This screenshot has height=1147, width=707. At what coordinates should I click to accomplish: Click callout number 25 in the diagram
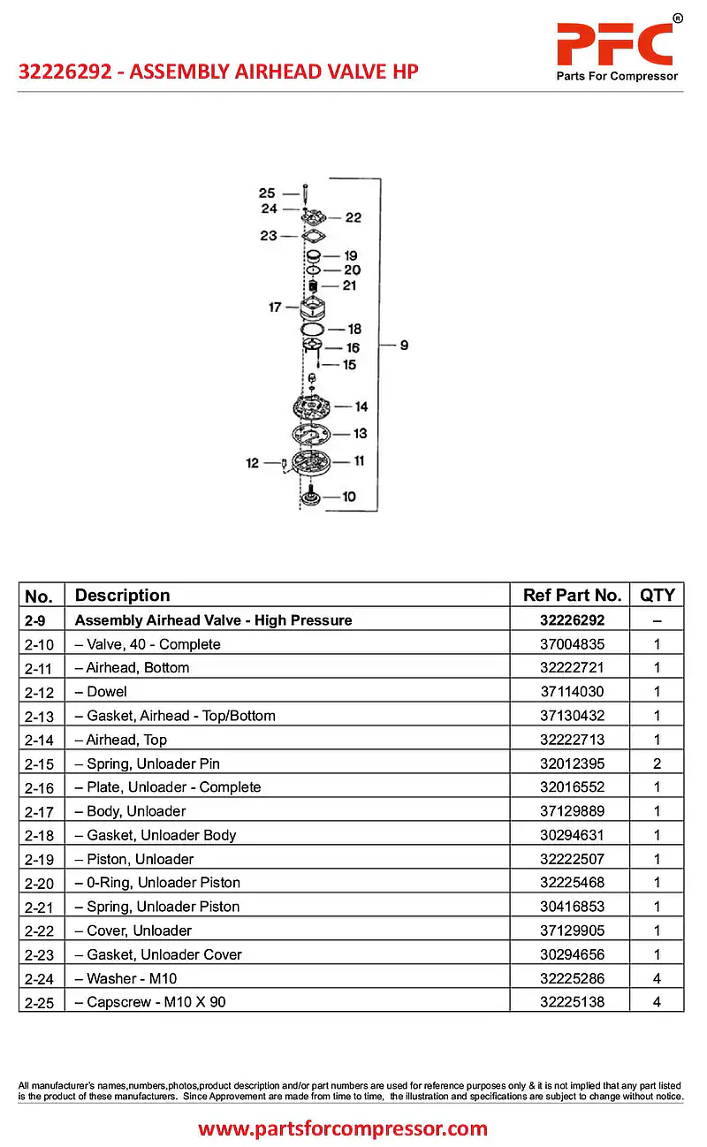(267, 193)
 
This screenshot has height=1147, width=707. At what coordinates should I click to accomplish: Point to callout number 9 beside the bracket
(404, 345)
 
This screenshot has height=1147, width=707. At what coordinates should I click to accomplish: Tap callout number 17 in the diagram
(275, 307)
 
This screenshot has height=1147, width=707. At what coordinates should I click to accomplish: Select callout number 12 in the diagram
(253, 462)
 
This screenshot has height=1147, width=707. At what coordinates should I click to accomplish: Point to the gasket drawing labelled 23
(311, 236)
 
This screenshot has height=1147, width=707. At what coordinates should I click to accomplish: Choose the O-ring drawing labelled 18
(311, 330)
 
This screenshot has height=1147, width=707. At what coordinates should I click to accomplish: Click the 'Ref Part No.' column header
(572, 595)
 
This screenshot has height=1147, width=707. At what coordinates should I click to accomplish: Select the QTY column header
(657, 595)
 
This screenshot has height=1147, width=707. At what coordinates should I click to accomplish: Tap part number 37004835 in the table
(572, 644)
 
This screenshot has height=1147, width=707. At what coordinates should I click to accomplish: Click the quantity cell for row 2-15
(657, 763)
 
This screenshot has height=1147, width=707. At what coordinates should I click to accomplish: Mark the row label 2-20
(40, 883)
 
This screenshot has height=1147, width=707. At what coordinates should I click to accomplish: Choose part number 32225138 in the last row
(572, 1002)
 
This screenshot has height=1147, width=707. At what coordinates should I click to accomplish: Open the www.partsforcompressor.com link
(343, 1128)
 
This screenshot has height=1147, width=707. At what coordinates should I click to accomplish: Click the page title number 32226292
(65, 72)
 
